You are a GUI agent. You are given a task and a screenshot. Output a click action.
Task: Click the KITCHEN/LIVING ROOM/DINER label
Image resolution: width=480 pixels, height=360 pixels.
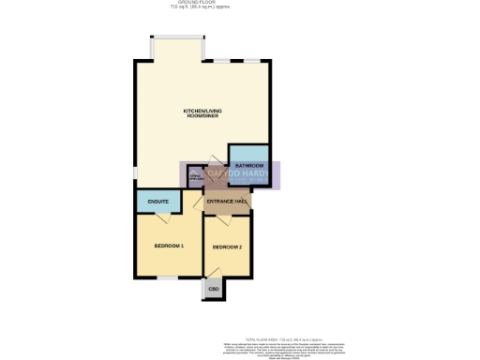click(202, 114)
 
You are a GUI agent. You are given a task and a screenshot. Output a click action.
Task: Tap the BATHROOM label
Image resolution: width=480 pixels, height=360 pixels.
click(248, 166)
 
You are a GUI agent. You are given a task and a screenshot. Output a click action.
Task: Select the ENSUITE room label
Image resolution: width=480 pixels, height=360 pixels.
click(158, 202)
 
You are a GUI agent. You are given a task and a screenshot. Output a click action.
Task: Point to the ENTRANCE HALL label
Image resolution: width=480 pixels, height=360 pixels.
click(227, 202)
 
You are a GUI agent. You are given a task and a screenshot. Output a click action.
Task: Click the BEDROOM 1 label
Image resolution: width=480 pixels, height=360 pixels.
click(169, 246)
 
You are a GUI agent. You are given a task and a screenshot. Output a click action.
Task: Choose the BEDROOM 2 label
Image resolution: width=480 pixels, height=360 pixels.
click(228, 247)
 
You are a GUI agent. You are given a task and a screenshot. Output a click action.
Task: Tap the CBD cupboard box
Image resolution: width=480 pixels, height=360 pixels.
click(213, 289)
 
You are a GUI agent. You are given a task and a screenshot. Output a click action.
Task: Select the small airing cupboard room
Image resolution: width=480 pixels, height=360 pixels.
click(195, 176)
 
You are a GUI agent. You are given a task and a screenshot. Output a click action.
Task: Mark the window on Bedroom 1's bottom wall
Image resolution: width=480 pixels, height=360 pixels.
click(168, 277)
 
